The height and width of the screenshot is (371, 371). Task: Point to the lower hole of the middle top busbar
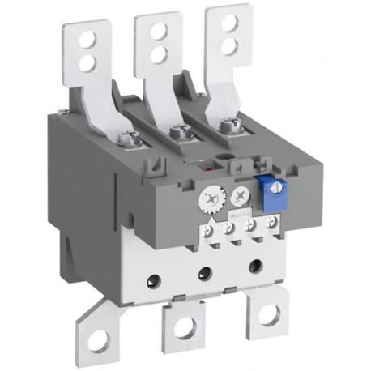(x=159, y=53)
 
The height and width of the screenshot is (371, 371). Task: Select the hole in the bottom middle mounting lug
(x=185, y=328)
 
